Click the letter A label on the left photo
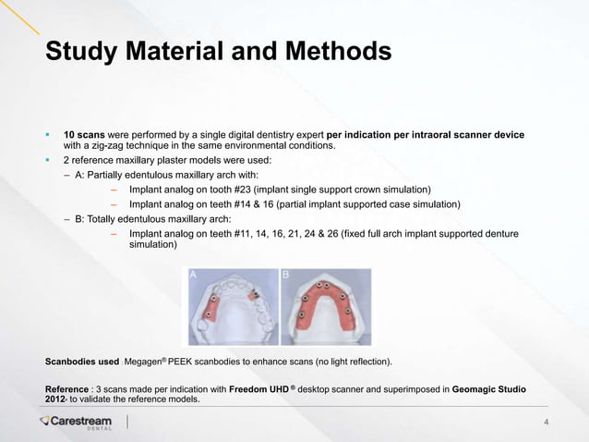(194, 275)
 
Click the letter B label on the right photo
(286, 275)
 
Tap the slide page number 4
(547, 424)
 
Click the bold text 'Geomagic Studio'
(489, 390)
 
